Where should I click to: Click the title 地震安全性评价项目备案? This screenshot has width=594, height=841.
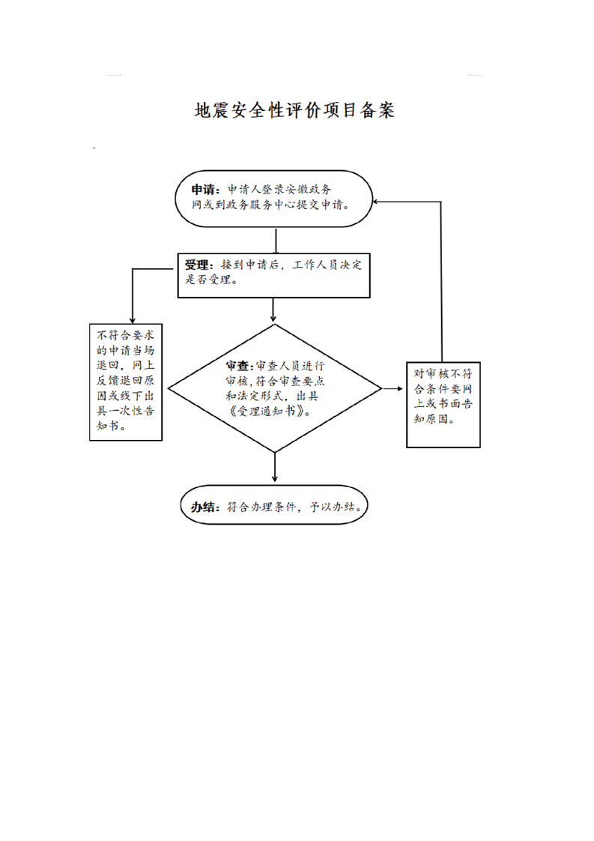coord(294,110)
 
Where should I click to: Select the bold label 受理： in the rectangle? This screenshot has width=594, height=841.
coord(199,265)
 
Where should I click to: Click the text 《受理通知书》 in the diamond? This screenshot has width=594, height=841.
coord(268,412)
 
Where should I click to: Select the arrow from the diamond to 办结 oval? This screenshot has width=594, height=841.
coord(275,467)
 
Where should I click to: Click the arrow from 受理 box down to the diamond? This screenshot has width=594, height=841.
coord(273,310)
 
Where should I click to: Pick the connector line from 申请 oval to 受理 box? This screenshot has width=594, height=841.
coord(276,241)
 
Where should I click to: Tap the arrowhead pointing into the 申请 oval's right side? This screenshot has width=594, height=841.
coord(376,202)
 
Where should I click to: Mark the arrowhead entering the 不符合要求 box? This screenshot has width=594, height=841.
coord(133,319)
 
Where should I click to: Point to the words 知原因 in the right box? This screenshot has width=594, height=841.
coord(431,419)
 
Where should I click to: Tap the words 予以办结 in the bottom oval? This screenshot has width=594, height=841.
coord(332,507)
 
